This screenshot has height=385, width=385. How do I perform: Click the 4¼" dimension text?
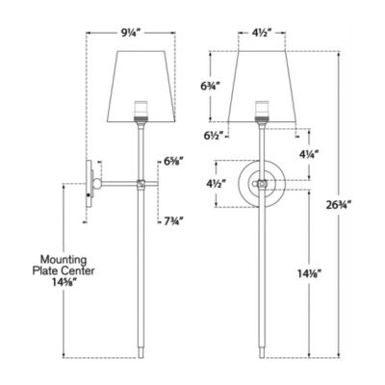[x=310, y=154]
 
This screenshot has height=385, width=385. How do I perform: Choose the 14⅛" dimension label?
[x=310, y=272]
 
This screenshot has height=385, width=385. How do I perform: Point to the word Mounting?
[x=65, y=258]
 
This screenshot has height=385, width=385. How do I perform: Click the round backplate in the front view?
[x=259, y=181]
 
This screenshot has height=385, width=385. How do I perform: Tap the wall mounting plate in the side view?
[x=89, y=181]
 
